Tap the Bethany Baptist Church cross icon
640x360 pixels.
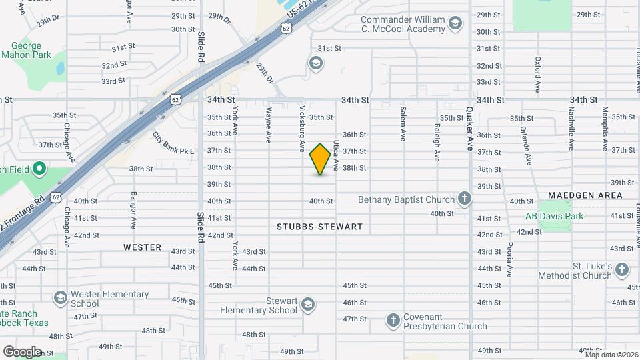[464, 199]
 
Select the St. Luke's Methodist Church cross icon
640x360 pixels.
[621, 270]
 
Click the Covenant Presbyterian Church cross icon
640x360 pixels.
[393, 321]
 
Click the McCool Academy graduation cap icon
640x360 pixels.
[455, 24]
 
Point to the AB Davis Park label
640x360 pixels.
[554, 216]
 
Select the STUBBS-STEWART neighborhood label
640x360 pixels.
[319, 227]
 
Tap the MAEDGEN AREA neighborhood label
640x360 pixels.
[585, 195]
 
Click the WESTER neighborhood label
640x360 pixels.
[142, 247]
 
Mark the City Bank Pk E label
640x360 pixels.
[173, 143]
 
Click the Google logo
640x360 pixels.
[22, 351]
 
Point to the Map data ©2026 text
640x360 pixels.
[611, 355]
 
